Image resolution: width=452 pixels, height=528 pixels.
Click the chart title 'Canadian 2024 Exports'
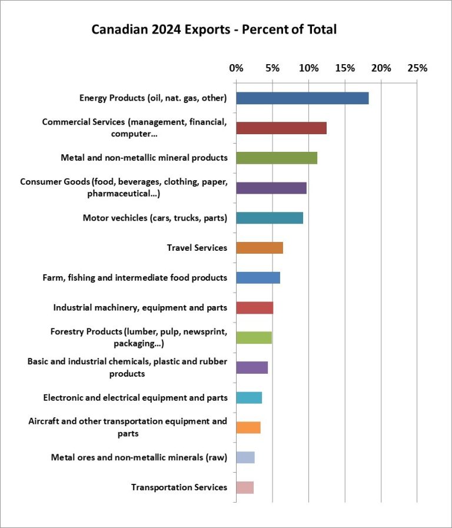click(214, 29)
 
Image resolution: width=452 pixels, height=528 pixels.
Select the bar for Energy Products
click(302, 98)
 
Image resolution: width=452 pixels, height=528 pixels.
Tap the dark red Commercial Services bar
click(281, 128)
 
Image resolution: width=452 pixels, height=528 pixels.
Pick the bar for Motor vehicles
click(270, 218)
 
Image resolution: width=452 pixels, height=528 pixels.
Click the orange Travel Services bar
click(259, 248)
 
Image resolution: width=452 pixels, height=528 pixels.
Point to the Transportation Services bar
click(244, 487)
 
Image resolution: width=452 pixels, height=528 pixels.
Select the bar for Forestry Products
click(254, 338)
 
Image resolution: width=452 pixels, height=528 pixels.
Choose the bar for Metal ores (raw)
click(245, 457)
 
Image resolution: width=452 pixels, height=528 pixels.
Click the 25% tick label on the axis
click(417, 68)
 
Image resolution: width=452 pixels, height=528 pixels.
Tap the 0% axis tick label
click(236, 68)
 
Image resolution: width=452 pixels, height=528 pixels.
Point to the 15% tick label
click(345, 68)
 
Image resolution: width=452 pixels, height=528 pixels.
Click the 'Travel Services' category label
click(197, 248)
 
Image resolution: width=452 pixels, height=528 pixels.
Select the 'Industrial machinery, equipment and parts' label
click(140, 308)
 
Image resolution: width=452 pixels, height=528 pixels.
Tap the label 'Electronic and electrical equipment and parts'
click(135, 398)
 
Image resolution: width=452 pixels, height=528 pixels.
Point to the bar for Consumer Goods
click(271, 188)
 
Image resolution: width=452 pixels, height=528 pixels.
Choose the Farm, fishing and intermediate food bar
click(258, 278)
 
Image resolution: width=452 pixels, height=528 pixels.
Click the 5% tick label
click(272, 68)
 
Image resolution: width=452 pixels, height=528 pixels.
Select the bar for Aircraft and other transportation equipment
click(248, 427)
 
